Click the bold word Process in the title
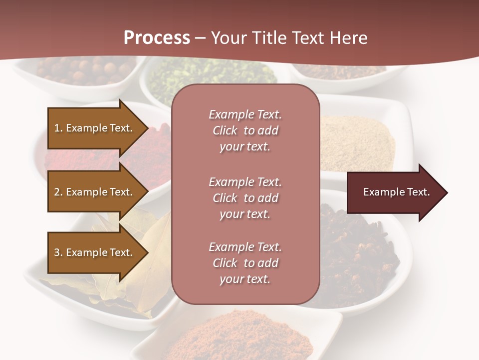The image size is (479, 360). pos(157,38)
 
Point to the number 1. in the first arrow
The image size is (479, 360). pos(58,128)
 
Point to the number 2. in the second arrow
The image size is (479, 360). pos(58,192)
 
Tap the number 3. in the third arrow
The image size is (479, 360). pos(58,252)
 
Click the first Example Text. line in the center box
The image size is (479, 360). pos(245,114)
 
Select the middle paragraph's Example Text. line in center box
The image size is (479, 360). pos(245,182)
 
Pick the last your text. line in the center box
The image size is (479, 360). pos(245,279)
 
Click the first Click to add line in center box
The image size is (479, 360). pos(245,130)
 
